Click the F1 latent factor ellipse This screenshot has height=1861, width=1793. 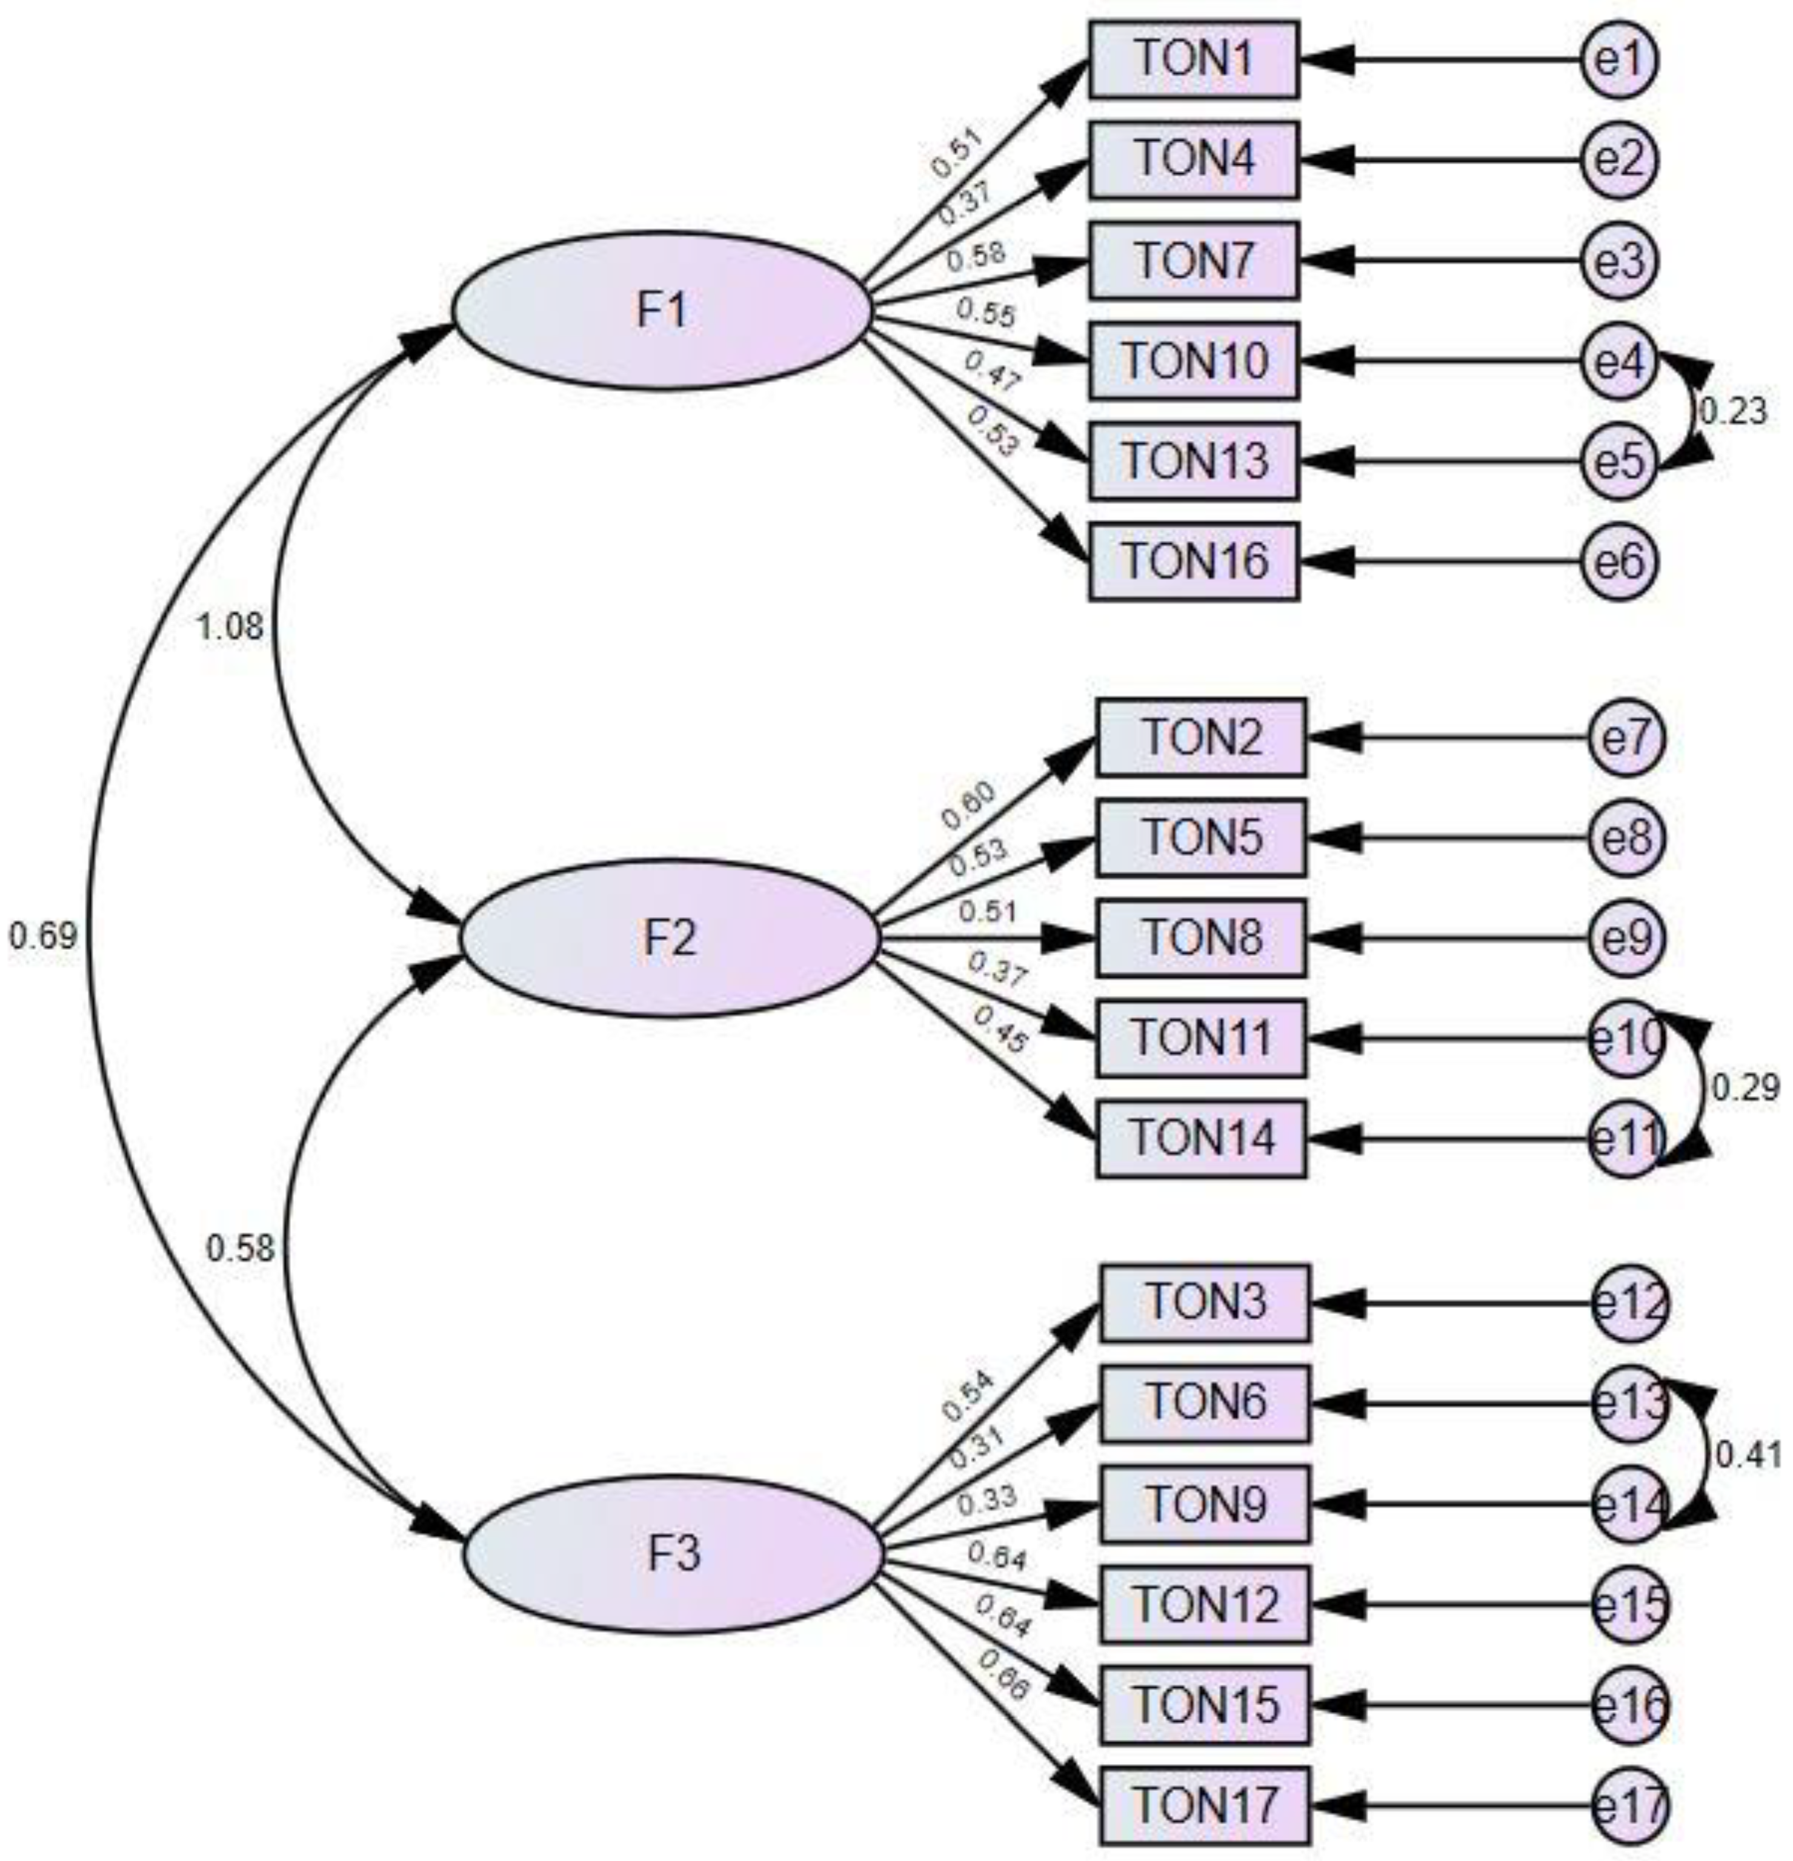[662, 311]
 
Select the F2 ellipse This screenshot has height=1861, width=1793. [670, 938]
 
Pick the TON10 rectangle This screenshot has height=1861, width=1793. [1194, 361]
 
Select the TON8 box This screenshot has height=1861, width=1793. [1202, 938]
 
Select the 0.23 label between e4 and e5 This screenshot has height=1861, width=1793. [1733, 412]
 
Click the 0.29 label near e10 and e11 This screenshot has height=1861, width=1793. [1745, 1088]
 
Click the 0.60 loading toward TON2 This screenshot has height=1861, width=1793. [969, 805]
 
